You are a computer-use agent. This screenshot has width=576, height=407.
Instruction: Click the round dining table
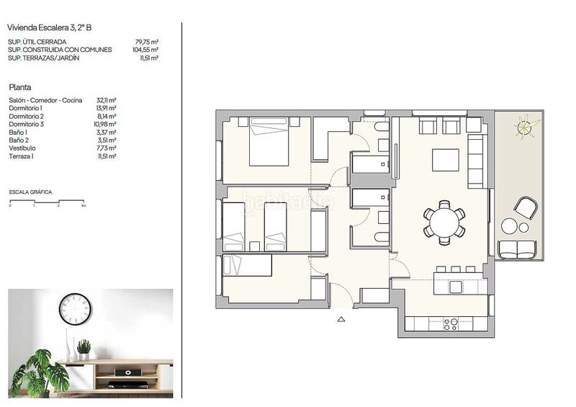(x=444, y=221)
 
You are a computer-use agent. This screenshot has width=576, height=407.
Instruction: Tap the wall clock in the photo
(x=75, y=309)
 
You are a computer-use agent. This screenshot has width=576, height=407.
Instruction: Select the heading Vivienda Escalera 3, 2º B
(x=50, y=28)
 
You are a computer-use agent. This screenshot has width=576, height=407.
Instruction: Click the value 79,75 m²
(x=147, y=42)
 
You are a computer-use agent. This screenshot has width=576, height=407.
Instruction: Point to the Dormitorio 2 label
(x=27, y=116)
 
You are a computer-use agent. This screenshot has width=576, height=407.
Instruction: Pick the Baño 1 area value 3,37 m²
(x=107, y=132)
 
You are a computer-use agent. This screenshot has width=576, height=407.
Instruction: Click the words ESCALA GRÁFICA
(x=30, y=192)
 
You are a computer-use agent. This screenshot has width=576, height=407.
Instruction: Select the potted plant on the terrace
(x=526, y=128)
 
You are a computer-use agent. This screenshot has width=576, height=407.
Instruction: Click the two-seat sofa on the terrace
(x=517, y=249)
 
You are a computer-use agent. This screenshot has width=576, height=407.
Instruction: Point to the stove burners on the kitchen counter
(x=451, y=324)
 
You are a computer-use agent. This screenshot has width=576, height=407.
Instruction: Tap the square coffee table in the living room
(x=446, y=159)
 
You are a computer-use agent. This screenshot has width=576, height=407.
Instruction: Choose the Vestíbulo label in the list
(x=22, y=148)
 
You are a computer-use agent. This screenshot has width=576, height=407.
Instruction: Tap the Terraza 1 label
(x=22, y=156)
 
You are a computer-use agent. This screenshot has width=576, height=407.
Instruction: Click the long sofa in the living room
(x=476, y=160)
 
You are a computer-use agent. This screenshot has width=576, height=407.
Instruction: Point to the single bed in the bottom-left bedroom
(x=247, y=266)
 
